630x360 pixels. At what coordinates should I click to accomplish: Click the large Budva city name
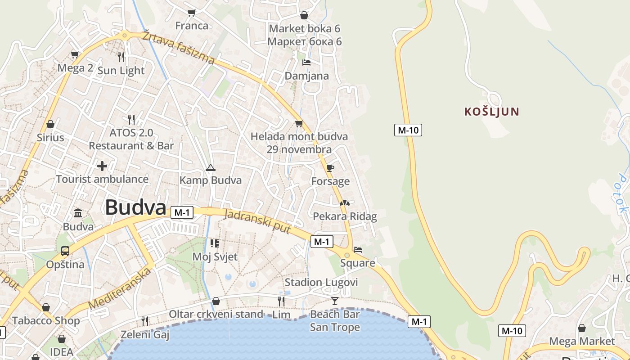tap(135, 207)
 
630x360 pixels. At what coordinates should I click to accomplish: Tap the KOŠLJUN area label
tap(492, 112)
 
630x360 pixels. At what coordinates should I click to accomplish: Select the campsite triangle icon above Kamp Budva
tap(210, 168)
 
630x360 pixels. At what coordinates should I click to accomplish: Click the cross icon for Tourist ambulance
tap(102, 166)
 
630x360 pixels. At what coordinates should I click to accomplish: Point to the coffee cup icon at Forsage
tap(330, 168)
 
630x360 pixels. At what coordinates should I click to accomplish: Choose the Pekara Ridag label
tap(345, 216)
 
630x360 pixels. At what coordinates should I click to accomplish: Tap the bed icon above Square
tap(358, 249)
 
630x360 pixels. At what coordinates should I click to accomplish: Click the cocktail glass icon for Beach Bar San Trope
tap(335, 301)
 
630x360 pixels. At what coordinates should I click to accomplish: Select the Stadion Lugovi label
tap(321, 283)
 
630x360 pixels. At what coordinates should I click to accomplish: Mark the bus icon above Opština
tap(65, 251)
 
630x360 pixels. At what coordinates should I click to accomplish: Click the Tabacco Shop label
tap(46, 321)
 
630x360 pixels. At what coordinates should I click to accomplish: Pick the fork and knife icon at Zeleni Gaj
tap(145, 321)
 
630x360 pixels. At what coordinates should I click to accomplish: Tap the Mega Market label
tap(582, 341)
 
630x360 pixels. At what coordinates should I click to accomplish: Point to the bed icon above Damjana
tap(306, 63)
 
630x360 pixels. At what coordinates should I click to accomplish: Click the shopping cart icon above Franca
tap(192, 13)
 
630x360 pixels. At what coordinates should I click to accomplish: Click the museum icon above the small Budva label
tap(78, 213)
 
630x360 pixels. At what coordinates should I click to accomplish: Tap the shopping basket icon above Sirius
tap(50, 124)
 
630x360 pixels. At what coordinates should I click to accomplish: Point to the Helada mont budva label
tap(299, 136)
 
